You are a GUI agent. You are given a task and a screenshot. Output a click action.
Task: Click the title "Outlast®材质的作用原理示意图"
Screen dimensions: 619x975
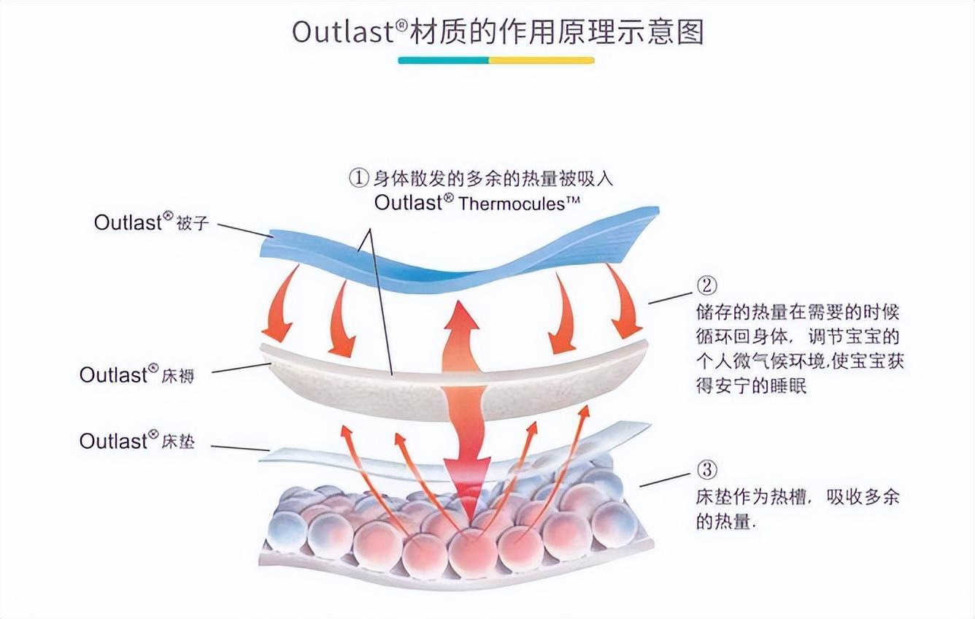coord(498,32)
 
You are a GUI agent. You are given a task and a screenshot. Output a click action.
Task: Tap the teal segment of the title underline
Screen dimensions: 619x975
coord(443,61)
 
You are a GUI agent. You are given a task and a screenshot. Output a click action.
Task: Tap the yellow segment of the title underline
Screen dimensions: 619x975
coord(542,61)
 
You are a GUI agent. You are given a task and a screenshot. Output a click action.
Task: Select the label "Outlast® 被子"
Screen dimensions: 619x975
coord(152,222)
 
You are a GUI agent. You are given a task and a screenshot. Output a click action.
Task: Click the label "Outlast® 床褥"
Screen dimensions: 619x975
coord(137,374)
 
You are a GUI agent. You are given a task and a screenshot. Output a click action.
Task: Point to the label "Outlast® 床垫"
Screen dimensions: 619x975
coord(137,440)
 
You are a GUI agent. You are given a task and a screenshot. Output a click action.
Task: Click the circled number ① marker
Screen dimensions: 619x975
coord(358,178)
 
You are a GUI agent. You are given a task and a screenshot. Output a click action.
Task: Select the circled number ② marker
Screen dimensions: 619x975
coord(706,285)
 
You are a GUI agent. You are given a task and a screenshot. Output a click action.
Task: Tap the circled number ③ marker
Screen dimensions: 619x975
coord(706,469)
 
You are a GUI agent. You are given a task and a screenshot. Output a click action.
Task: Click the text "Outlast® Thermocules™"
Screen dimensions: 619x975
coord(470,203)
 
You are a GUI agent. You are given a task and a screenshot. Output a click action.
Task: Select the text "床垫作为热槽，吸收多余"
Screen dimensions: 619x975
coord(798,497)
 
